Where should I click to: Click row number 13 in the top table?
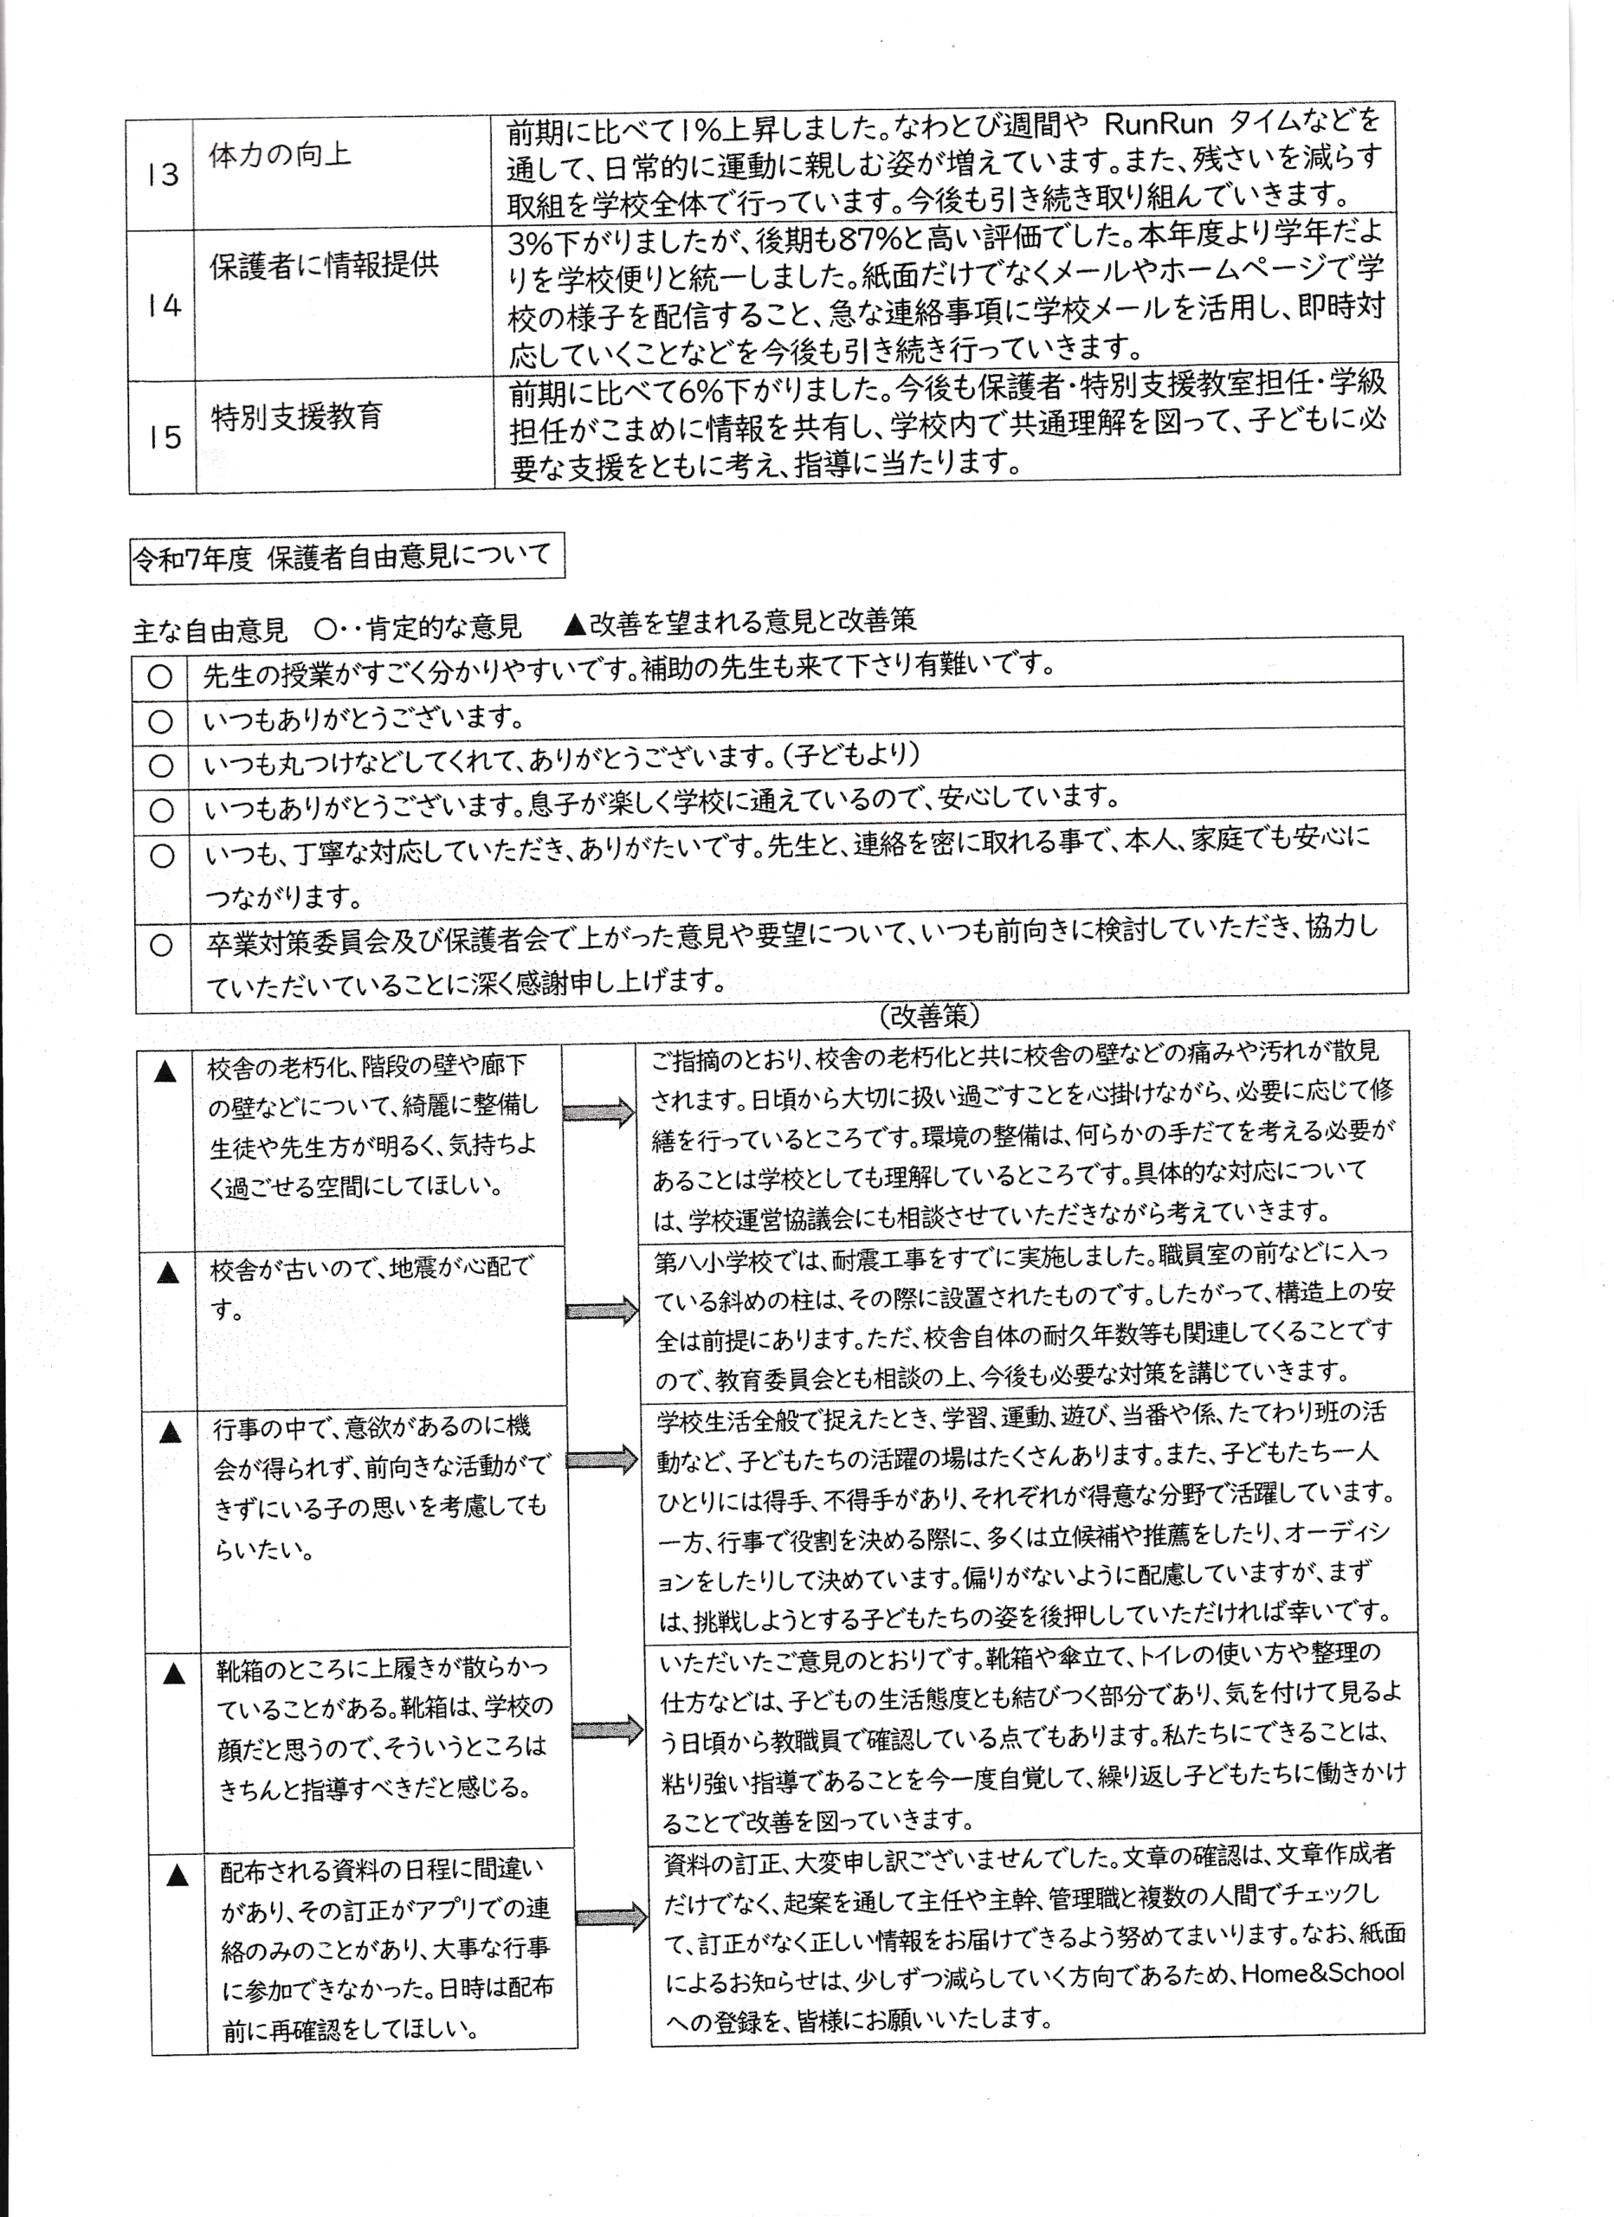click(162, 174)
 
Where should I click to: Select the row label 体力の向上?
click(280, 154)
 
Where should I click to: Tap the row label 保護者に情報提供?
click(324, 265)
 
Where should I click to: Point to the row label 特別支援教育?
click(296, 417)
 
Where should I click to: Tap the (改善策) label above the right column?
click(929, 1016)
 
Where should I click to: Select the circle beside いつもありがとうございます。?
click(160, 721)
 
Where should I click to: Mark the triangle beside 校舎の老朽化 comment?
click(165, 1072)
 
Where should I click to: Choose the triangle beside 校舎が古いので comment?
click(168, 1273)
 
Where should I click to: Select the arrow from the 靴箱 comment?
click(607, 1730)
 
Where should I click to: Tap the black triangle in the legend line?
click(575, 622)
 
